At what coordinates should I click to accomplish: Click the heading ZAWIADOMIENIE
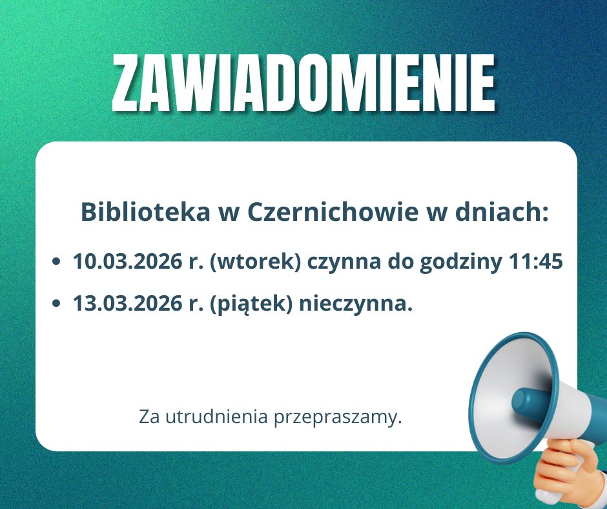click(x=304, y=83)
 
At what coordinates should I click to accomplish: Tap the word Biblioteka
click(x=145, y=212)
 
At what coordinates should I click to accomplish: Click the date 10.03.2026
click(x=127, y=261)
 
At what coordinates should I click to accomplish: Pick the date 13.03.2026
click(x=127, y=303)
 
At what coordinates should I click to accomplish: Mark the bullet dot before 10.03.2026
click(x=57, y=262)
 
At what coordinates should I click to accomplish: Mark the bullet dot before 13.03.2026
click(x=57, y=304)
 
